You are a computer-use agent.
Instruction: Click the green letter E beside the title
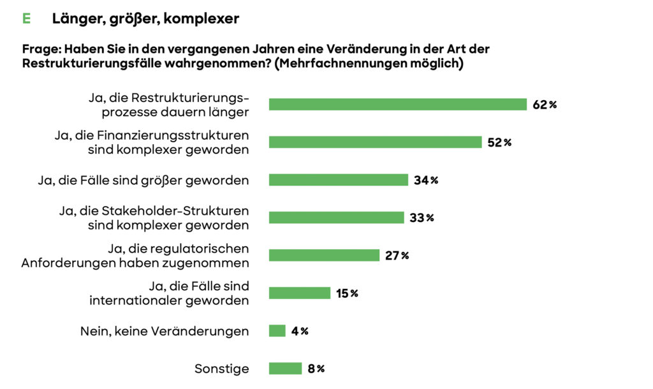coord(26,19)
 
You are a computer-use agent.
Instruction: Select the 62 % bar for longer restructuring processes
coord(397,105)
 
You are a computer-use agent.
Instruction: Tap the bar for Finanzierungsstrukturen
coord(375,142)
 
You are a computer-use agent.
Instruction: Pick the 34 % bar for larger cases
coord(338,180)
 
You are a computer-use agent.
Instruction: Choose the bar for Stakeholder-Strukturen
coord(336,217)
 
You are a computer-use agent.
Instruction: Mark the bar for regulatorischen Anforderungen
coord(324,255)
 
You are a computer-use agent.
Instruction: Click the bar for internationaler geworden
coord(299,293)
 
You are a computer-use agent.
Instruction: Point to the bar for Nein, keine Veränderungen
coord(277,331)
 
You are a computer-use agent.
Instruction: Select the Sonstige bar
coord(285,369)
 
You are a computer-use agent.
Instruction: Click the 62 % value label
coord(545,105)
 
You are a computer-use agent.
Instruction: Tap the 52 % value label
coord(499,142)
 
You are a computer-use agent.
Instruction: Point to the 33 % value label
coord(422,217)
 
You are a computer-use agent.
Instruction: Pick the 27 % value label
coord(397,255)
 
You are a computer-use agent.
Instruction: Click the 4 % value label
coord(300,331)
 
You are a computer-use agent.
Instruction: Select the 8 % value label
coord(316,369)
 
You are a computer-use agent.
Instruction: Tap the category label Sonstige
coord(221,369)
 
